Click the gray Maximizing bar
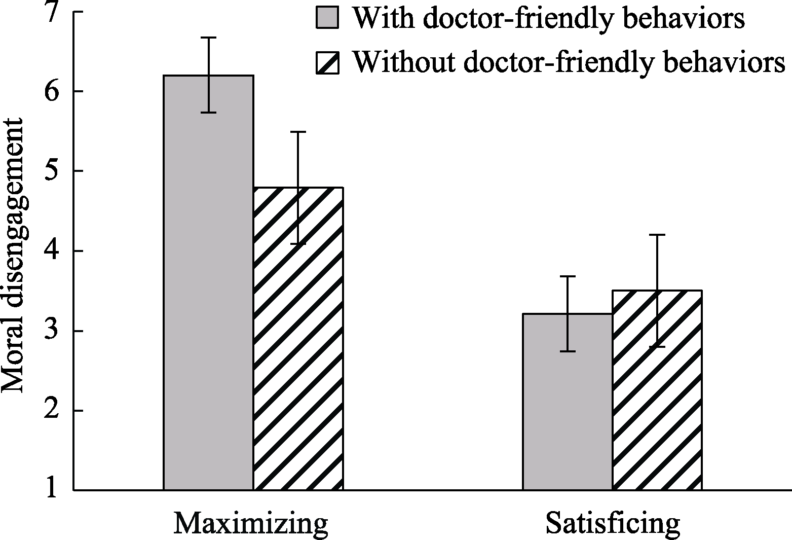tap(208, 284)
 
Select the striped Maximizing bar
tap(298, 340)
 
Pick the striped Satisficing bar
tap(657, 390)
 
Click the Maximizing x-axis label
tap(251, 524)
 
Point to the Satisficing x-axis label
tap(613, 524)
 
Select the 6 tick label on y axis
tap(52, 92)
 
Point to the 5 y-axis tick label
tap(52, 171)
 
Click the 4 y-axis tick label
tap(52, 251)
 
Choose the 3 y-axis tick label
tap(52, 331)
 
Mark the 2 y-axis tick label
tap(52, 411)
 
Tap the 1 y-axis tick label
tap(52, 490)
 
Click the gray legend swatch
tap(327, 19)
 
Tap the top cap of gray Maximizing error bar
tap(208, 38)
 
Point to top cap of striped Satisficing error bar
tap(657, 235)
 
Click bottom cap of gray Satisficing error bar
tap(568, 351)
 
